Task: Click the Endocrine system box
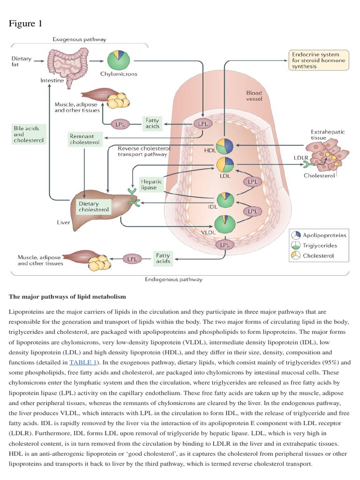(x=318, y=60)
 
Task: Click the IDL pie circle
(x=225, y=199)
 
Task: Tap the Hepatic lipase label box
(x=151, y=184)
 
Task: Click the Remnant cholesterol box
(x=85, y=139)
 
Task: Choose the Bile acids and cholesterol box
(x=28, y=134)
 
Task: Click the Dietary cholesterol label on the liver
(x=94, y=207)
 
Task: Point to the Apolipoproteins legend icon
(x=296, y=235)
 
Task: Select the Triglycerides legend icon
(x=296, y=245)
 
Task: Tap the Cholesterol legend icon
(x=296, y=255)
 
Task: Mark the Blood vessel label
(x=254, y=96)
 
